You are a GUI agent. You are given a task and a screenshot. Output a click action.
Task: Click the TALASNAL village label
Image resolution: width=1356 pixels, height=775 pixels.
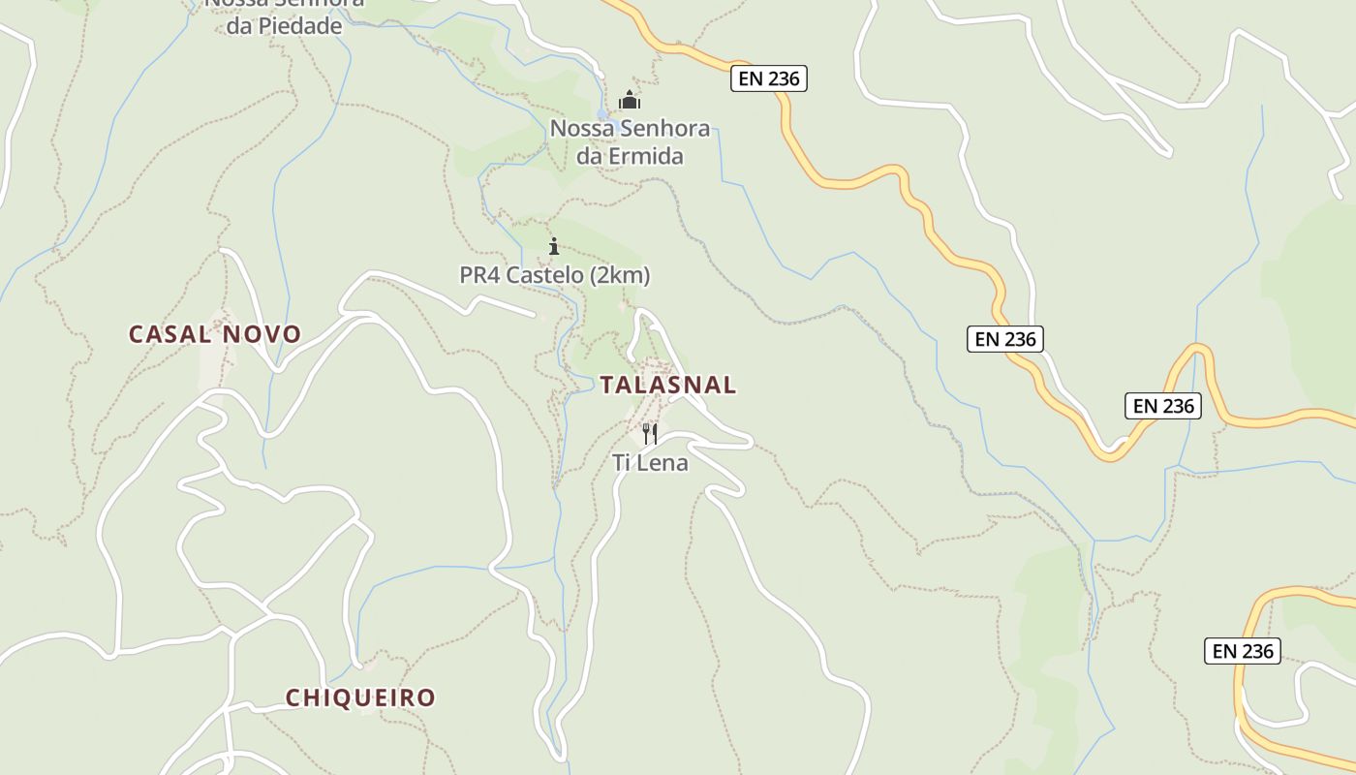coord(667,385)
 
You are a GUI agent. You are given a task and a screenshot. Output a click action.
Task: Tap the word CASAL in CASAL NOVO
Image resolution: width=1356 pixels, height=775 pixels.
coord(170,334)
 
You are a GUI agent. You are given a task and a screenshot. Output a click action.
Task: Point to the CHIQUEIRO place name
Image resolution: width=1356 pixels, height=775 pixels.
coord(360,697)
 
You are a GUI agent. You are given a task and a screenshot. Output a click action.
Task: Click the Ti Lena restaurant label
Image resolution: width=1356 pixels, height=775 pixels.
coord(650,463)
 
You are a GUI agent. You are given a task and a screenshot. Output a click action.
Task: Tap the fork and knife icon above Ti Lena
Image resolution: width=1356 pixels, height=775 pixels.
coord(650,434)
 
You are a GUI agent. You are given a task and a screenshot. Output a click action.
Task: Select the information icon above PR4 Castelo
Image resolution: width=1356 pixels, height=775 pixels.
coord(554,246)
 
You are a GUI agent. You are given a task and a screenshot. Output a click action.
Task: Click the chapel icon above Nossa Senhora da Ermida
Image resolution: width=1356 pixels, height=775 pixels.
coord(630,100)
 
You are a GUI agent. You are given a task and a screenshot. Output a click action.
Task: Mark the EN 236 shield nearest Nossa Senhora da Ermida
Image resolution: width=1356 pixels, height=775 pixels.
coord(769,79)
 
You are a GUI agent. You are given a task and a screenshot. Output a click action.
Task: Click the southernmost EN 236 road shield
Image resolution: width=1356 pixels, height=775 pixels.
coord(1243,651)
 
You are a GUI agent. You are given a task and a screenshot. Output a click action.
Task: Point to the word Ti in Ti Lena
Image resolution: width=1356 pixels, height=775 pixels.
coord(621,463)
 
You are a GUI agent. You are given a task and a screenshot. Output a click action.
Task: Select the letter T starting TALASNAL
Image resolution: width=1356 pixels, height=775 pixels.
coord(606,385)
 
